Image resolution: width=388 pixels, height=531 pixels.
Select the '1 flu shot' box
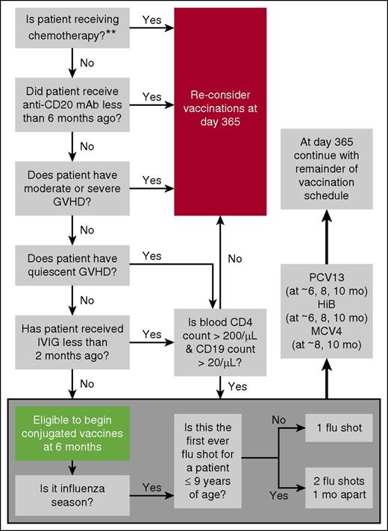pyautogui.click(x=332, y=430)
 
